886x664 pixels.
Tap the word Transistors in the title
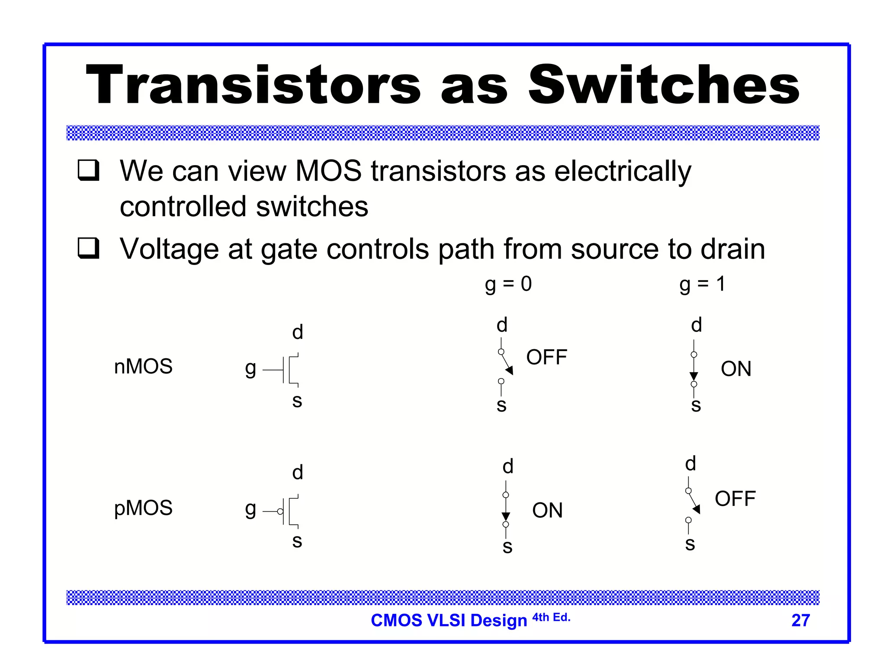253,85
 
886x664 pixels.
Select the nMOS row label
143,367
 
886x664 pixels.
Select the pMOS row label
143,508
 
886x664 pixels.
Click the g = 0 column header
508,284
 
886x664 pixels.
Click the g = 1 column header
702,284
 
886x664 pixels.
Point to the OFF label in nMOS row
546,358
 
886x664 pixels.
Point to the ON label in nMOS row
736,369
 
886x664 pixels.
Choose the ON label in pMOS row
547,511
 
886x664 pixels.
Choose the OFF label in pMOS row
735,499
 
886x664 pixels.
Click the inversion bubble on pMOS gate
280,511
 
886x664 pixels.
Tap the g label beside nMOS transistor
250,369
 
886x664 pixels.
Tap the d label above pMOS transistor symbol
297,472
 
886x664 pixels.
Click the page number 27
800,620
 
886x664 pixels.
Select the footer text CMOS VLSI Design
449,620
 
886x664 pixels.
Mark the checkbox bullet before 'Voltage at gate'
89,248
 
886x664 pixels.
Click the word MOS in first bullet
328,171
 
